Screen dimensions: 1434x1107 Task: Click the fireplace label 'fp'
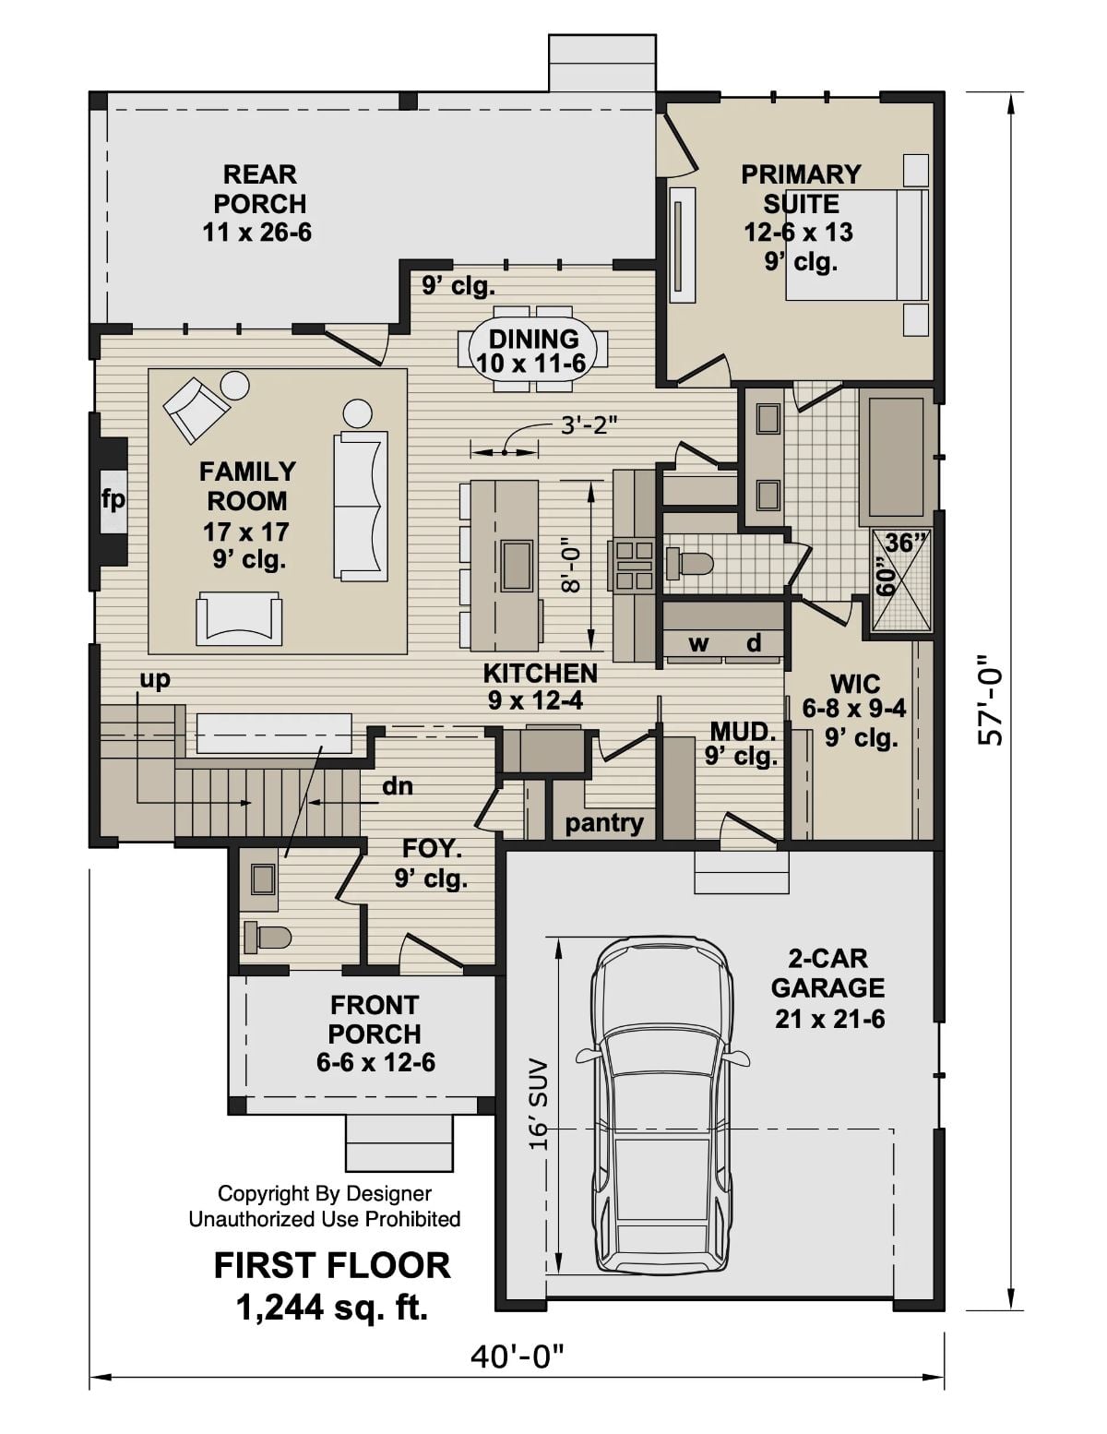[x=113, y=500]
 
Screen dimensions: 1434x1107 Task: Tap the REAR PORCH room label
[x=257, y=203]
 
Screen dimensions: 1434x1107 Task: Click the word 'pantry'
[x=604, y=822]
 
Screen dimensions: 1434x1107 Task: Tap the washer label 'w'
[x=699, y=643]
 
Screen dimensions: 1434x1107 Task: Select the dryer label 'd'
[x=754, y=643]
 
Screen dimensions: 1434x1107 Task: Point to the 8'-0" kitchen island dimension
[x=572, y=566]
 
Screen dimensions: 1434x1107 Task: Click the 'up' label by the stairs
[x=154, y=680]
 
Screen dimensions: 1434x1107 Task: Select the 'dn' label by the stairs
[x=398, y=786]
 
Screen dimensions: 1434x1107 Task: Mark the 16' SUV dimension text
[x=539, y=1103]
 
